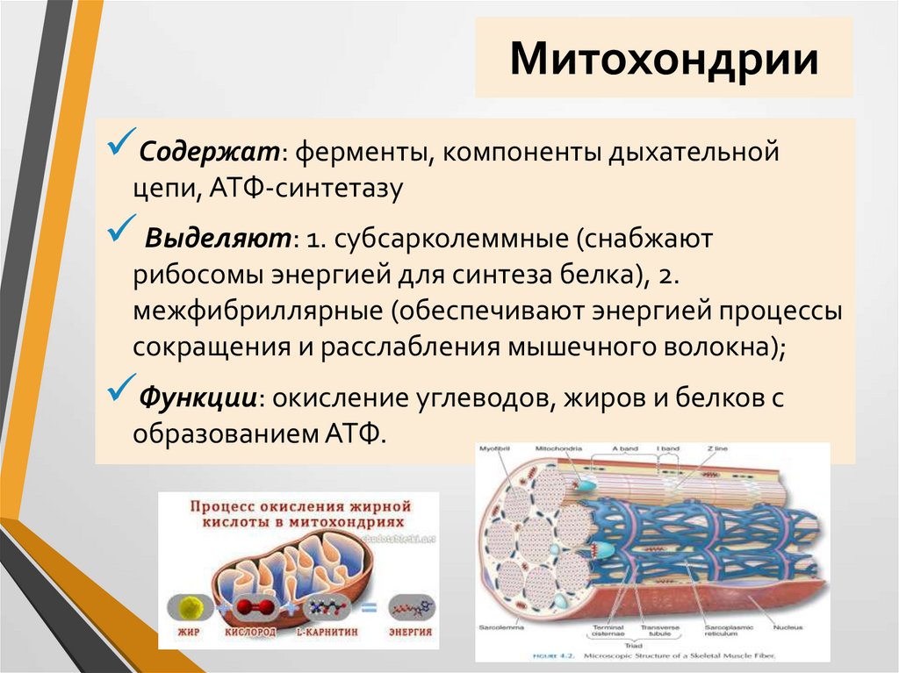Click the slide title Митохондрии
[x=664, y=60]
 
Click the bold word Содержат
[x=211, y=154]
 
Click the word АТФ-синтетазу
[x=318, y=189]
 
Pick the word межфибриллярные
[x=259, y=311]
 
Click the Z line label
[x=716, y=449]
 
